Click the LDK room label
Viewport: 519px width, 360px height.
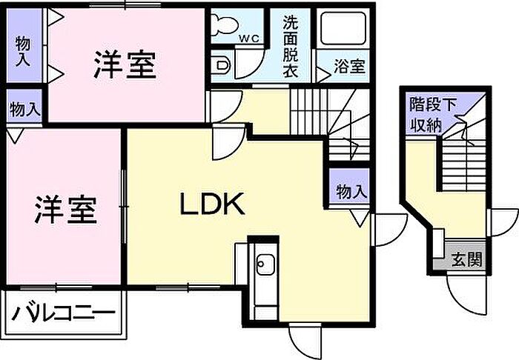coord(213,204)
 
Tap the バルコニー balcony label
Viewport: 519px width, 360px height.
coord(64,313)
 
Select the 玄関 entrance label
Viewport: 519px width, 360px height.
coord(467,260)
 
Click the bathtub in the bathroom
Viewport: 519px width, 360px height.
coord(341,29)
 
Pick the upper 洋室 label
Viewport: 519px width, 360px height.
coord(125,64)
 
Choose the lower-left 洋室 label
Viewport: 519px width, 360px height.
coord(65,210)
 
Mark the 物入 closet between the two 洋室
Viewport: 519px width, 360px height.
coord(24,110)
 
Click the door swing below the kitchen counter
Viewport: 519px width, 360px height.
coord(303,341)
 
